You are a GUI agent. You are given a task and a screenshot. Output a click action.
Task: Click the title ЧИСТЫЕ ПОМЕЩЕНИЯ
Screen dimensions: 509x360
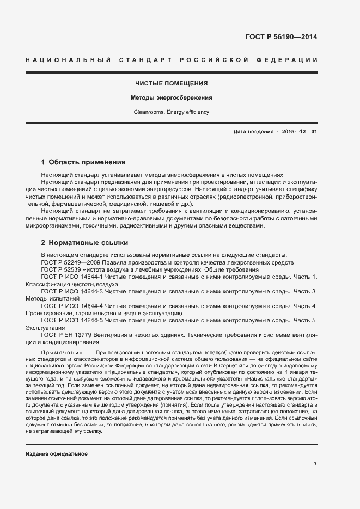172,84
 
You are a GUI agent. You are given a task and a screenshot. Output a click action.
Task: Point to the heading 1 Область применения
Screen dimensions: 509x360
83,162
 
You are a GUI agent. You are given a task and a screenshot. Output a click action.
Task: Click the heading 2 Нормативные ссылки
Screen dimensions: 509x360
84,242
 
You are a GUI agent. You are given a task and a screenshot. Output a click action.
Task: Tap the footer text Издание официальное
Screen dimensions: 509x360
57,453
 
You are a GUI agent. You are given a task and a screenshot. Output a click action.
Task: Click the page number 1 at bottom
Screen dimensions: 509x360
315,464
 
